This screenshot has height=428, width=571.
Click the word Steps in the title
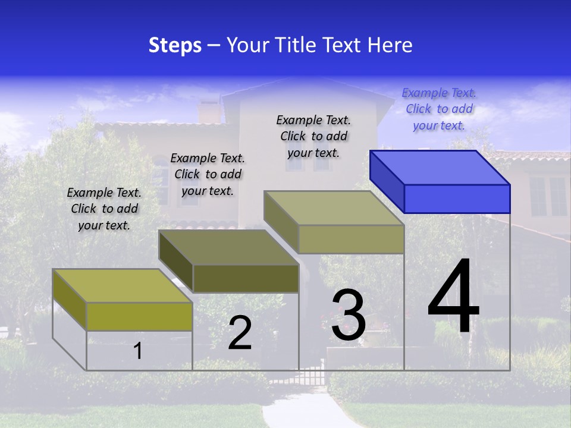[x=175, y=45]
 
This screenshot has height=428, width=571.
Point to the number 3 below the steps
[x=349, y=315]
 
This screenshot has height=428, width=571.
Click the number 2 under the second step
[x=240, y=333]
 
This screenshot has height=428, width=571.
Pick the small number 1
[x=138, y=351]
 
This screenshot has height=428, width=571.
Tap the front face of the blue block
[x=457, y=199]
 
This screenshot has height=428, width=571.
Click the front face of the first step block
[x=139, y=316]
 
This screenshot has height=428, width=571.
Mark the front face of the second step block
[x=246, y=278]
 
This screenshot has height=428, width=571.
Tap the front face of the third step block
[x=351, y=239]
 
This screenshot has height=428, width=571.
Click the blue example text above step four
[x=439, y=109]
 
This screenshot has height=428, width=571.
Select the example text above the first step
[x=104, y=209]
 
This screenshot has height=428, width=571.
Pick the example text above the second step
[x=208, y=174]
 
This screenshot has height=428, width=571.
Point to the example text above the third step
[x=313, y=136]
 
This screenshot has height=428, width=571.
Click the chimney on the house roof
[x=208, y=112]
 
